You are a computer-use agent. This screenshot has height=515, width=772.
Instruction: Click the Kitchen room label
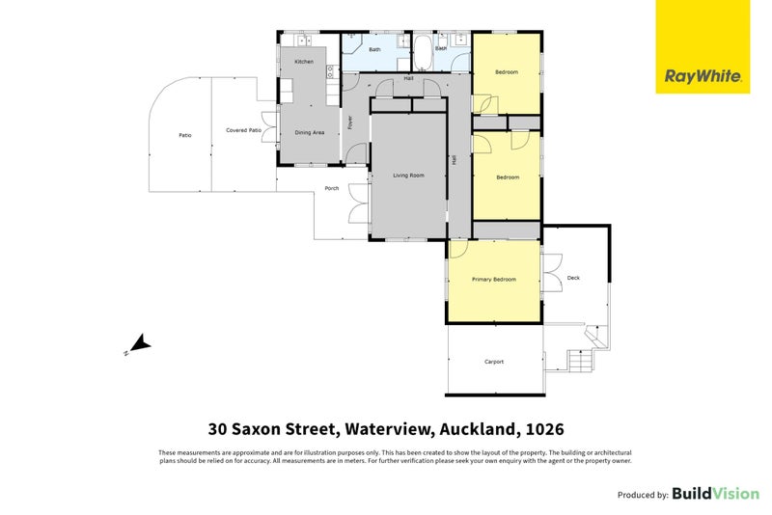[304, 62]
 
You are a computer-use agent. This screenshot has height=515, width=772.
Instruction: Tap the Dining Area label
[309, 131]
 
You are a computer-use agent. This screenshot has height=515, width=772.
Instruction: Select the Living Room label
[408, 176]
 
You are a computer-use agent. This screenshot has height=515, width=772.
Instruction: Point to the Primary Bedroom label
[493, 280]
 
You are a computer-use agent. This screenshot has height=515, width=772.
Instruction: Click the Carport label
[493, 362]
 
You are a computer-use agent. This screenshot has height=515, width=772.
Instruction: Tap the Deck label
[573, 278]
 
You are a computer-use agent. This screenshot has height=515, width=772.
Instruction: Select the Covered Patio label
[243, 129]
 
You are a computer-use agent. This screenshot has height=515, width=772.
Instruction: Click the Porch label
[331, 188]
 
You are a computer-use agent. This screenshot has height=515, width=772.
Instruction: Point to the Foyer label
[350, 122]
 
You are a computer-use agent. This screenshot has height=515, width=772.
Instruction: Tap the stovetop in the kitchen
[330, 69]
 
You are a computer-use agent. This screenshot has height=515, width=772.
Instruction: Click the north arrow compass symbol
[139, 343]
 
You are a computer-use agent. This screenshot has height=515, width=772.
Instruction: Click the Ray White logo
[703, 46]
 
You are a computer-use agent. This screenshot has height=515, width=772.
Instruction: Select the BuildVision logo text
[715, 494]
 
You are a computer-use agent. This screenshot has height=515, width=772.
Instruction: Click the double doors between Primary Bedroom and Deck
[551, 275]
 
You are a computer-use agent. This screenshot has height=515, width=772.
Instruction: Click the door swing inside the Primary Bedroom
[457, 249]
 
